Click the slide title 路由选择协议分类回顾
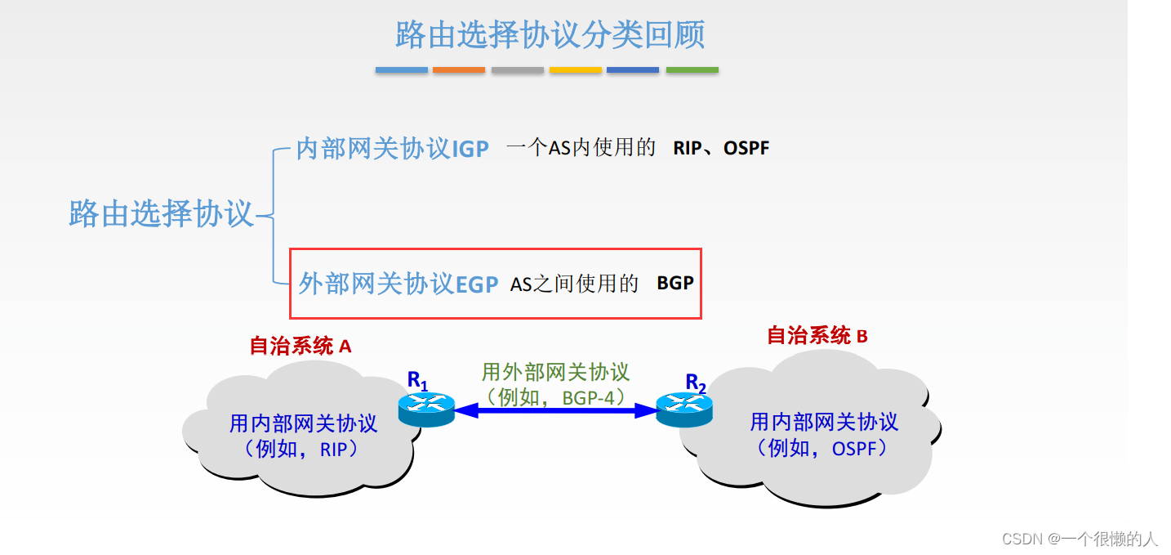[550, 34]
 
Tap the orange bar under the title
[459, 70]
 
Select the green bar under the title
[692, 70]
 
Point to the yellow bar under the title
[576, 70]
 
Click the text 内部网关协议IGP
[392, 149]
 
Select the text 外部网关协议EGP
[398, 284]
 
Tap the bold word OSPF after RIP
[746, 149]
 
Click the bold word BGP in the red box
[675, 283]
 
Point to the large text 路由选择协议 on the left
[162, 214]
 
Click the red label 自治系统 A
[301, 346]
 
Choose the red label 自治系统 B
[817, 335]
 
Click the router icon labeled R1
[426, 408]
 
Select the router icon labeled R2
[684, 408]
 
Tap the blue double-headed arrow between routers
[555, 411]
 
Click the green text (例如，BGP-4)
[556, 397]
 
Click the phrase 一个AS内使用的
[581, 148]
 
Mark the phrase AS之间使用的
[574, 284]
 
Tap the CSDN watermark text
[1080, 538]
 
